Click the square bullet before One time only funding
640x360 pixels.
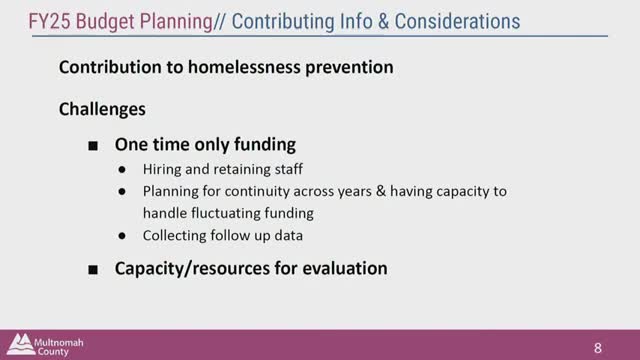pos(93,145)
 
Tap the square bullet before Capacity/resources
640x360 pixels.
pos(93,270)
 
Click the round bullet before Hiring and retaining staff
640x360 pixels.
pos(122,169)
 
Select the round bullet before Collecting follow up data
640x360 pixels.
pos(122,237)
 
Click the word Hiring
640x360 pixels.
pos(161,169)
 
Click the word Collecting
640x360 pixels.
pos(175,237)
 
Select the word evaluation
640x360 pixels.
pos(339,270)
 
